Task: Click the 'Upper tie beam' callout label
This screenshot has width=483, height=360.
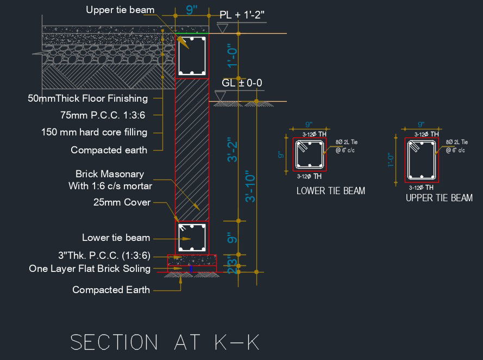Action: (120, 10)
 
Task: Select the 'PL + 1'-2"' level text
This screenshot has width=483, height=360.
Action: (242, 15)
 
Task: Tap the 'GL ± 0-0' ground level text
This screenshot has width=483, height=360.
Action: (242, 83)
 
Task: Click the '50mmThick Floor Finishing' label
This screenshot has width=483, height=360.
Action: (88, 98)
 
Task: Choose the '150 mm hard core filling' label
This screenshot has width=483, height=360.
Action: (94, 132)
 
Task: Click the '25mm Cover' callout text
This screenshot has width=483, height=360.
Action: (121, 202)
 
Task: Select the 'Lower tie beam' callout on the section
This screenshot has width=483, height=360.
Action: (116, 238)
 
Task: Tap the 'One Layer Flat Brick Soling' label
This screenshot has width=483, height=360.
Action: (89, 269)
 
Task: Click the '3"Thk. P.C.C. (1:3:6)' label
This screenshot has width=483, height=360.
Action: (104, 256)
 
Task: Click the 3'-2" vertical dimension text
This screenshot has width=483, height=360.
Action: (234, 150)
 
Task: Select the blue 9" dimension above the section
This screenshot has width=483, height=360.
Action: (192, 10)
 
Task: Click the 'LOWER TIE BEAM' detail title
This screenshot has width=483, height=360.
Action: (331, 191)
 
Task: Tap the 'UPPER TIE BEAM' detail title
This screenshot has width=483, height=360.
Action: (439, 198)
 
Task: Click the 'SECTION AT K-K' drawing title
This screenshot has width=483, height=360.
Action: (165, 342)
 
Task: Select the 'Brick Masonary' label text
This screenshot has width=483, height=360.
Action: (110, 174)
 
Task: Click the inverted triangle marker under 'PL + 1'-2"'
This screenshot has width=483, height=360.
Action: (223, 28)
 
